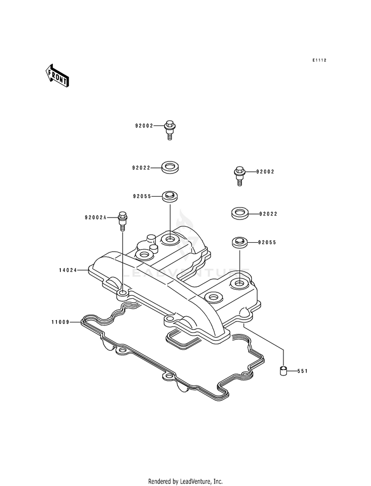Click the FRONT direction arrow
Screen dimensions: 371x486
[57, 75]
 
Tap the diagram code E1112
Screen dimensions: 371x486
[319, 60]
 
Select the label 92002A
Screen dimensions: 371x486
[95, 217]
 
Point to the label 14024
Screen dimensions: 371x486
[68, 270]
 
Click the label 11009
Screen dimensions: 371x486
[60, 323]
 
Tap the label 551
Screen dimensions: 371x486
[302, 371]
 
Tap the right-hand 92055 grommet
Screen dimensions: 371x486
[239, 242]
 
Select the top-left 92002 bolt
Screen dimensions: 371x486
[169, 130]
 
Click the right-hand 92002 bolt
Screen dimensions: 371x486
[239, 175]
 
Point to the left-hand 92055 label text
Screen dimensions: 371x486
[142, 197]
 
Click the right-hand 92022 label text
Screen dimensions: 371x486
[268, 214]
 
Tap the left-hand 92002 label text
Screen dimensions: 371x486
[144, 126]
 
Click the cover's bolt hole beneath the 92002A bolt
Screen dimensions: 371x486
[123, 293]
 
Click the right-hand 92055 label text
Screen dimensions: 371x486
[267, 242]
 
